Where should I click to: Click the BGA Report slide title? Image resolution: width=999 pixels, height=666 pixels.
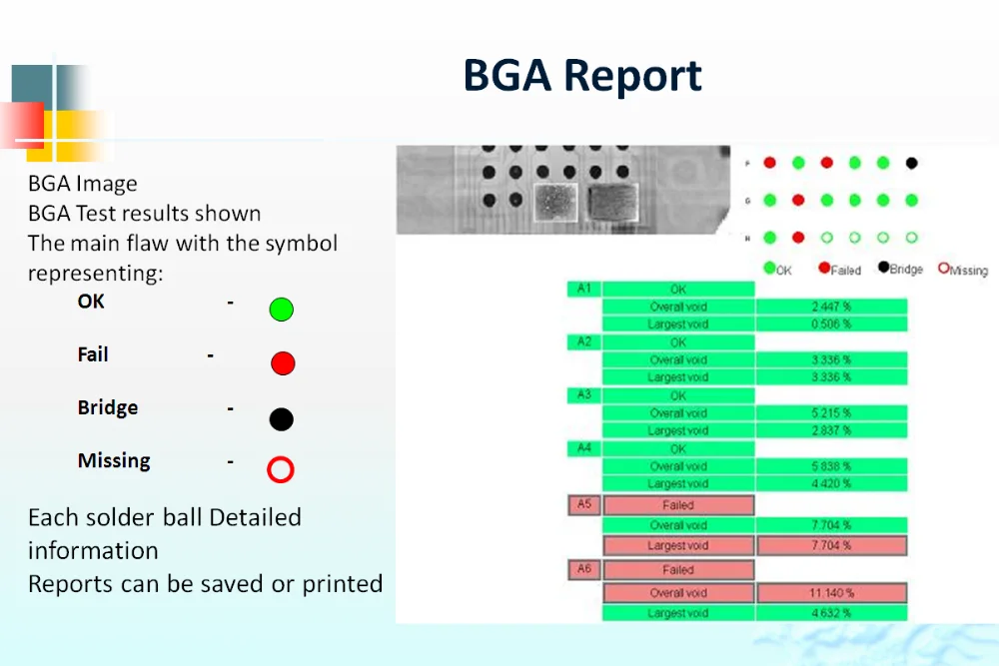582,76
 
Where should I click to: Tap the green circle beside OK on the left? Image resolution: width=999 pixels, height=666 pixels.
282,310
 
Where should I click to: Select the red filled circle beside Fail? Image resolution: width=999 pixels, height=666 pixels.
283,363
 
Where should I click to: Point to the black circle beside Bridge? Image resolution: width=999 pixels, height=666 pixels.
282,418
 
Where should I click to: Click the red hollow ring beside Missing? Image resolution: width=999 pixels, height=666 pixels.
281,469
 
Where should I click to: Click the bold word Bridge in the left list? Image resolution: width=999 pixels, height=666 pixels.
108,408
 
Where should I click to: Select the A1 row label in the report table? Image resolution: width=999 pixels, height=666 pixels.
583,289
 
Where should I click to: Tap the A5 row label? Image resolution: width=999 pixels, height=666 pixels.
583,504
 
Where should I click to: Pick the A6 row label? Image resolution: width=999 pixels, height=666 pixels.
583,569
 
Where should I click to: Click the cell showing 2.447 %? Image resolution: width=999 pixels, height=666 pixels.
831,307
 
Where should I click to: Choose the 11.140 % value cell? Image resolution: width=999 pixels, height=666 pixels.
831,593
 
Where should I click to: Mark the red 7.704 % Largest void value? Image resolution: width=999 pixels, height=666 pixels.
831,545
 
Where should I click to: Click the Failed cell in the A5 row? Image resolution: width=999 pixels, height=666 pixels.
678,505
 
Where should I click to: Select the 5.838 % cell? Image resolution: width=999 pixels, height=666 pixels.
831,466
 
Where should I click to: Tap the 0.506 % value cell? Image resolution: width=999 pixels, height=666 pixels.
831,324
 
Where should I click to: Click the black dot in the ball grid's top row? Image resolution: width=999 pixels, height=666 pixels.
911,163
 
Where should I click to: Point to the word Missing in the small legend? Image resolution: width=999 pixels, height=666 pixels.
968,271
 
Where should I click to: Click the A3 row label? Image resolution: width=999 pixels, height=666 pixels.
583,395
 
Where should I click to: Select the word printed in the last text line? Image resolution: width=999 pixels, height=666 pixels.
340,584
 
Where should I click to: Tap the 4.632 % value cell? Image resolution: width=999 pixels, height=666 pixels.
831,613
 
